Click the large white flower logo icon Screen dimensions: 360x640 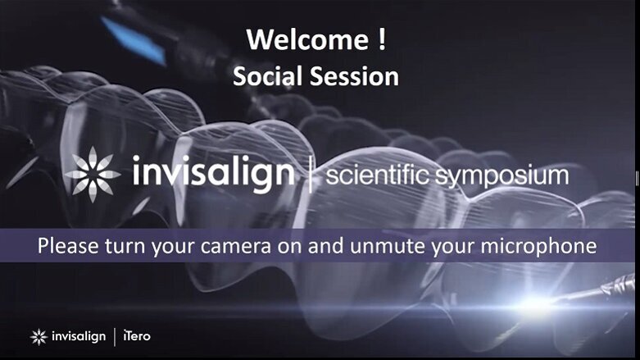(93, 174)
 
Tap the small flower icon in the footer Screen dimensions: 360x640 (39, 336)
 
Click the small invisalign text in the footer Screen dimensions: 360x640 (78, 336)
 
